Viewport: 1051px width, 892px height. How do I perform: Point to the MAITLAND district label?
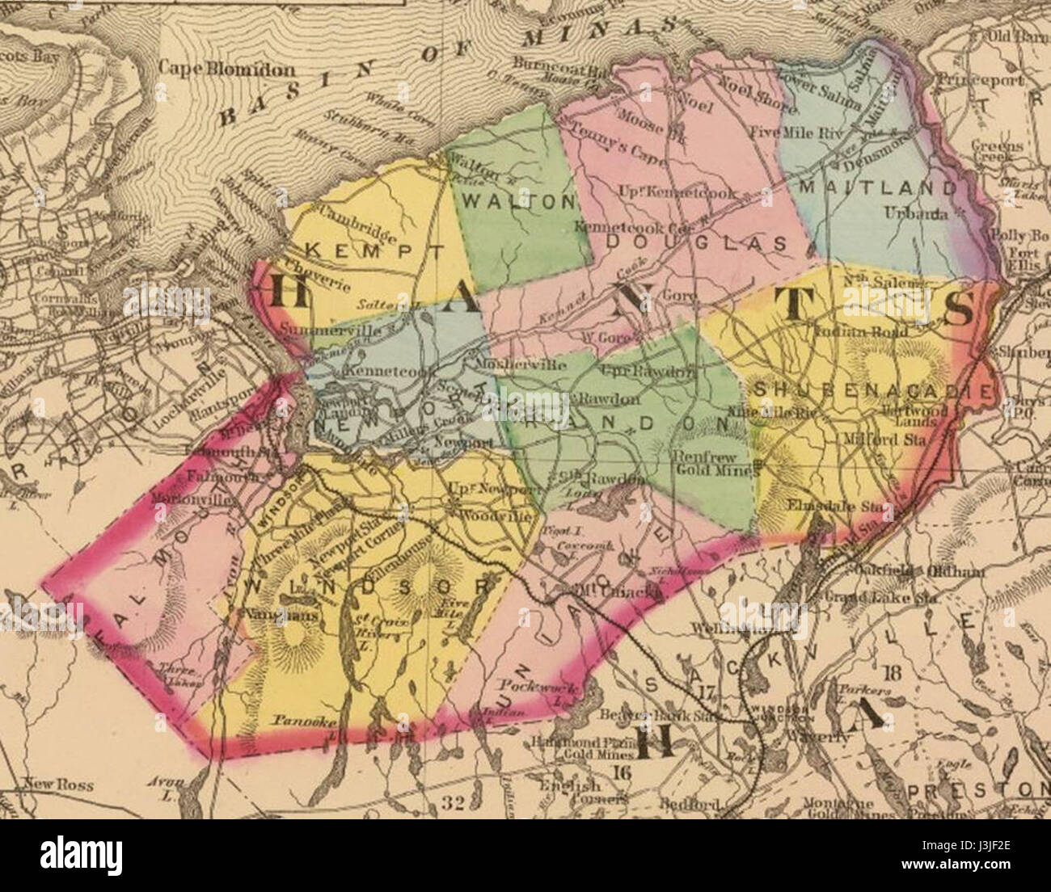pyautogui.click(x=876, y=187)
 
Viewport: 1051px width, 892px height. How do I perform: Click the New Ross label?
pyautogui.click(x=58, y=784)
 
